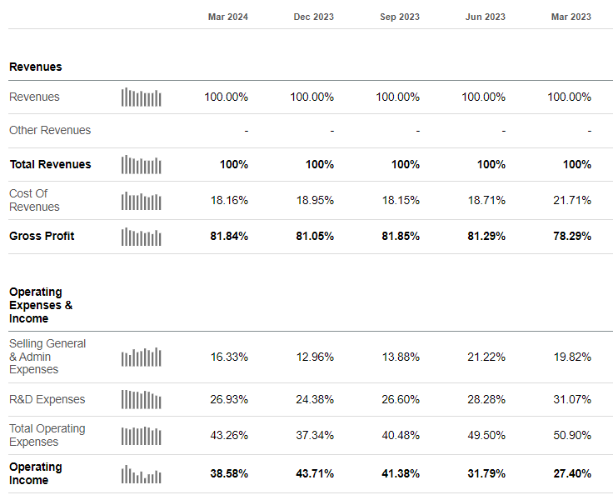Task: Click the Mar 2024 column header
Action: coord(227,17)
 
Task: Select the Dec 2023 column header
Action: coord(313,17)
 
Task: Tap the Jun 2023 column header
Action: coord(485,17)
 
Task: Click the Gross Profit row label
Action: coord(42,236)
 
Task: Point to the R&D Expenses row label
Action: coord(47,399)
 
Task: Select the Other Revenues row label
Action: coord(50,130)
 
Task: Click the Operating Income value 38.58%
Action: coord(228,473)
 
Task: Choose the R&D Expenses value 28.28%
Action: coord(484,399)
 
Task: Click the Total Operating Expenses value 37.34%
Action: coord(314,435)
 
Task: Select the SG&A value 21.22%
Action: coord(484,357)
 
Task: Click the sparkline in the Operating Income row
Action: coord(141,474)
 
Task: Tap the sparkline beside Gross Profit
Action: coord(141,237)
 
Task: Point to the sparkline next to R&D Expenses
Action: coord(141,400)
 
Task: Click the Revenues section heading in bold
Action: coord(35,67)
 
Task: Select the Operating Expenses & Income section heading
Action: coord(40,305)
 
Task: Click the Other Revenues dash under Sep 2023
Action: coord(417,131)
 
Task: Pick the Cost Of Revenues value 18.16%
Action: coord(228,200)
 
